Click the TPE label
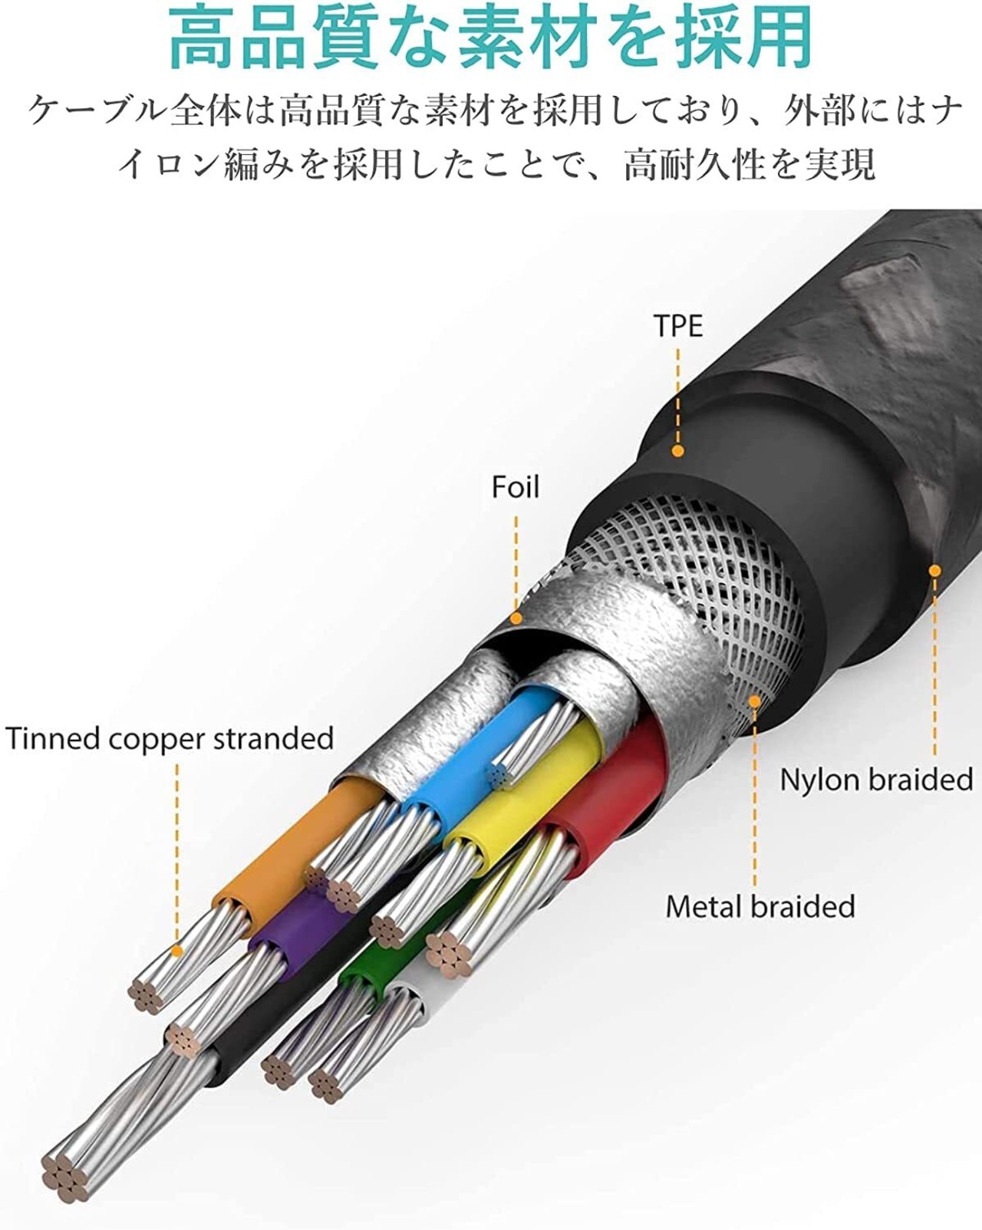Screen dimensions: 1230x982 click(678, 326)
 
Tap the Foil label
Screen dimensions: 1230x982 click(516, 487)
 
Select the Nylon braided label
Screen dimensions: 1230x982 click(876, 780)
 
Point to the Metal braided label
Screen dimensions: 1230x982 click(760, 906)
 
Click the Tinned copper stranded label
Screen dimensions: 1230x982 click(170, 738)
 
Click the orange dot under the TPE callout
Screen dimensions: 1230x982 click(677, 451)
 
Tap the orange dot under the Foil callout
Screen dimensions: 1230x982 click(516, 618)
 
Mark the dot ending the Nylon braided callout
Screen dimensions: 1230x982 click(934, 570)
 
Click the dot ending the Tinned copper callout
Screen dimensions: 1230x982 click(177, 950)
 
